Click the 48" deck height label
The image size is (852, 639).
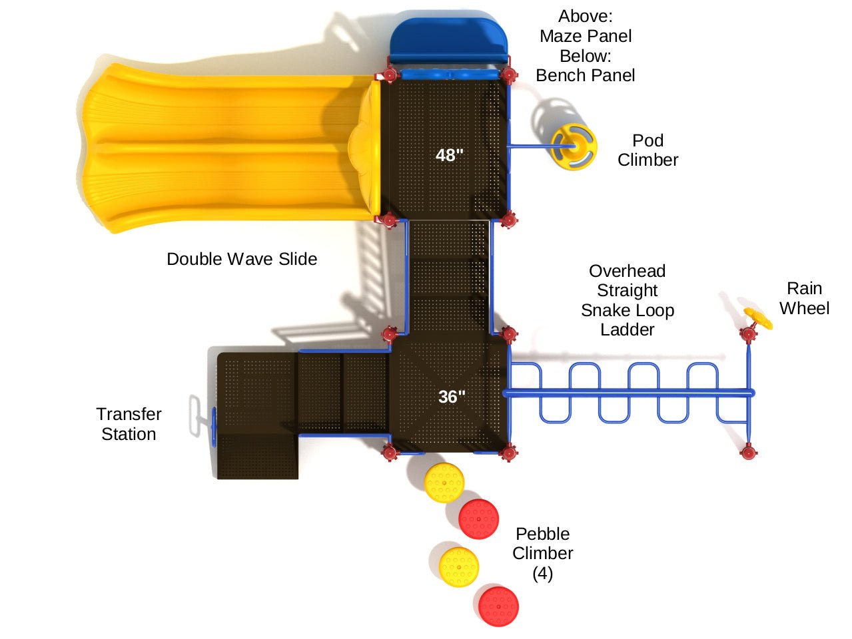click(x=449, y=155)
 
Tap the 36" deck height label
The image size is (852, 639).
click(x=452, y=397)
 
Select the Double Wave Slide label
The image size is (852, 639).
click(x=242, y=259)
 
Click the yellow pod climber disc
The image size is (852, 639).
click(x=573, y=147)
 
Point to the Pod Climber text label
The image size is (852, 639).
click(x=647, y=150)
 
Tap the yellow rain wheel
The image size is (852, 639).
click(x=757, y=319)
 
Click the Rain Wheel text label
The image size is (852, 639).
click(x=804, y=298)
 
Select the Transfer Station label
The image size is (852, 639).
click(x=129, y=424)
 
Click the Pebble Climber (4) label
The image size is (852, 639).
click(x=542, y=553)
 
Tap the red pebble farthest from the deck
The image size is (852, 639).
click(x=498, y=606)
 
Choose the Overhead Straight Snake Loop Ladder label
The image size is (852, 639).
click(x=627, y=300)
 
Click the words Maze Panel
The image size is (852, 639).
click(x=586, y=36)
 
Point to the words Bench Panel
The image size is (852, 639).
click(x=586, y=75)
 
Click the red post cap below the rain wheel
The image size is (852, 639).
click(x=749, y=453)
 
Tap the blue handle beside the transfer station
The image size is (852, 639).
click(x=213, y=427)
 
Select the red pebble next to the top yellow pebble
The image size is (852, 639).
click(x=478, y=519)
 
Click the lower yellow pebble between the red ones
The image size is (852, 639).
click(x=459, y=566)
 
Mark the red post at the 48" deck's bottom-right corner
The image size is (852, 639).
click(x=508, y=219)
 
